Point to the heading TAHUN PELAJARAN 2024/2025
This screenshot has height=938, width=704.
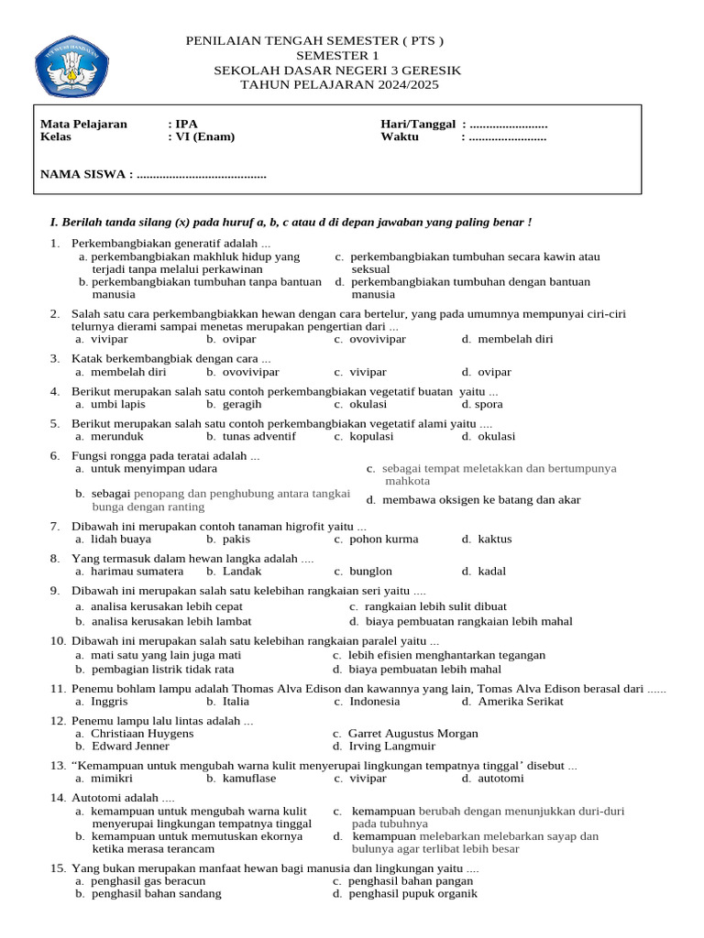[339, 85]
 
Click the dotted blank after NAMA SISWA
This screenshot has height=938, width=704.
[201, 174]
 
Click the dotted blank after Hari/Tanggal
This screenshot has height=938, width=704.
[508, 124]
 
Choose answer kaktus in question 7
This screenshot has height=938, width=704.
[494, 540]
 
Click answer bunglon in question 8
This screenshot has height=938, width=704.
[370, 572]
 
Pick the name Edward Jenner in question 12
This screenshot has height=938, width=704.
[130, 747]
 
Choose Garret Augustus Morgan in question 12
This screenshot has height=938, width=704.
[412, 734]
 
